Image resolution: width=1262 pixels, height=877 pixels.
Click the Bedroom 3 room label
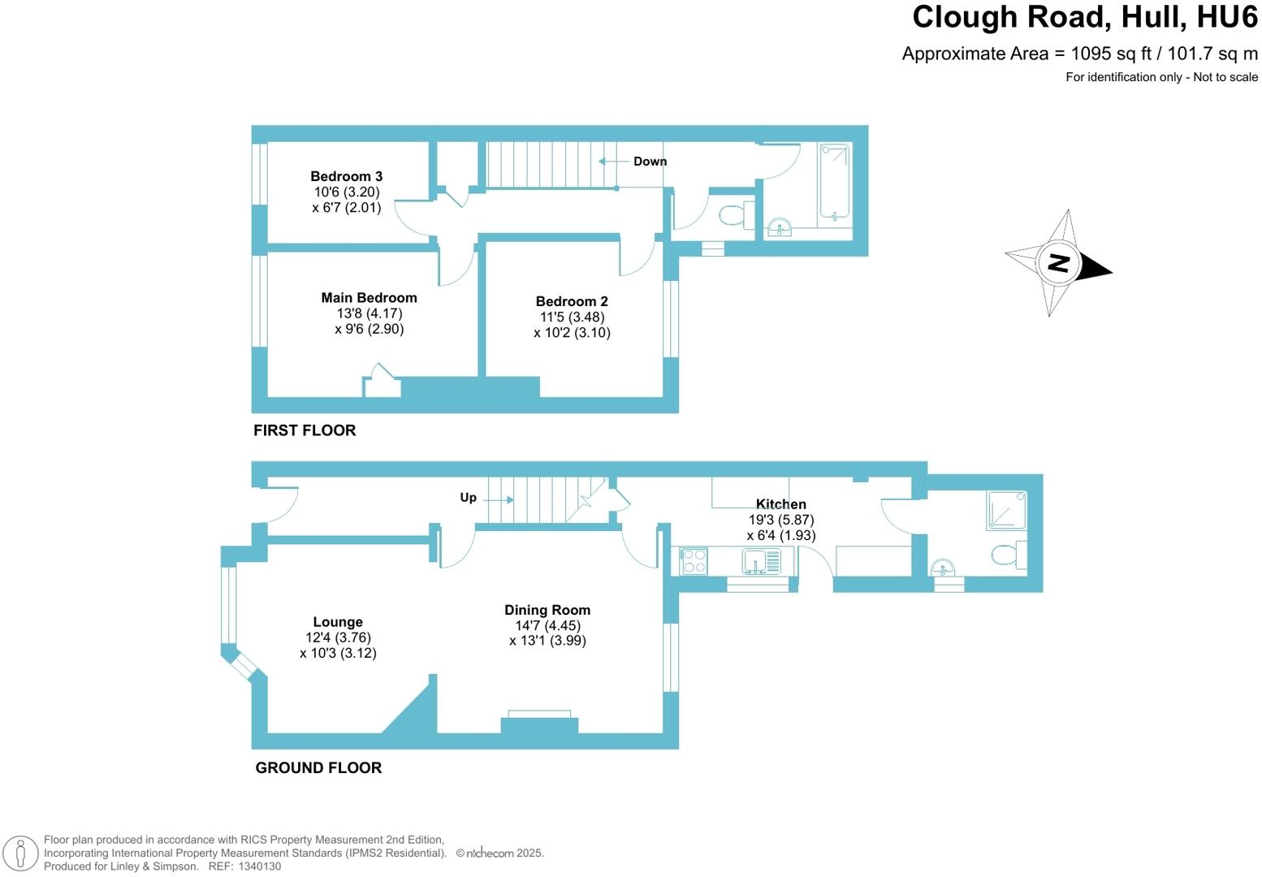[x=346, y=176]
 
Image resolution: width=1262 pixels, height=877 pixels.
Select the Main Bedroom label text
[x=369, y=298]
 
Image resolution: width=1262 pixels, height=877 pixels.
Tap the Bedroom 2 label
[x=572, y=301]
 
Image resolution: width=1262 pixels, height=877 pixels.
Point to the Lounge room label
[x=338, y=622]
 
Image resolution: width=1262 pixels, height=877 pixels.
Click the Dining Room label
[x=547, y=610]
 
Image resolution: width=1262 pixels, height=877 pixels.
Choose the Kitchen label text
[x=780, y=504]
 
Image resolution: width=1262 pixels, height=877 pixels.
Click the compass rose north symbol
[x=1058, y=262]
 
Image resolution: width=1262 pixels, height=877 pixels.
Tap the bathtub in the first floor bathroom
[x=834, y=182]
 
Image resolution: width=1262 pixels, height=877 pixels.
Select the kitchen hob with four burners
[x=694, y=561]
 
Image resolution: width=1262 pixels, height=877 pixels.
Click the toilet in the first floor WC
[x=733, y=215]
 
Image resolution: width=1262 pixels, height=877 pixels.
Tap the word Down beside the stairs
[x=650, y=162]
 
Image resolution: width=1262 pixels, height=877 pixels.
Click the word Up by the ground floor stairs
[x=469, y=498]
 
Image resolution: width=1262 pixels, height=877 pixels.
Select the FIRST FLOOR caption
[x=305, y=430]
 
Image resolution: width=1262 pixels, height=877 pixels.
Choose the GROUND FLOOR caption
[x=318, y=768]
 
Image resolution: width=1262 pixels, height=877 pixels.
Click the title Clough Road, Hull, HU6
[x=1084, y=17]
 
